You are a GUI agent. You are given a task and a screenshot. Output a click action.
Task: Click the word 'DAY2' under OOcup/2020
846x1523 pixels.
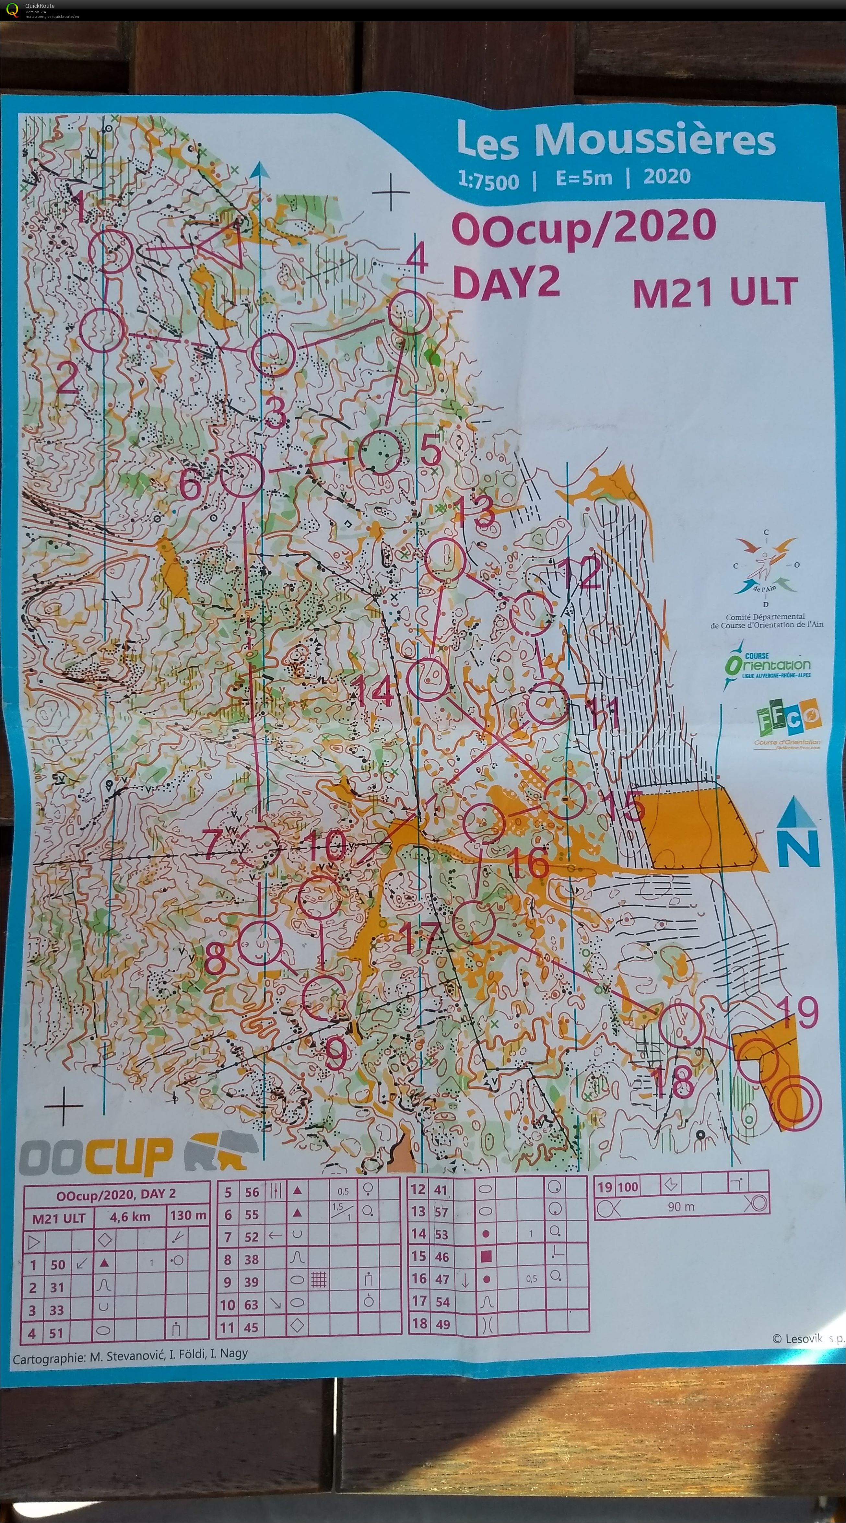click(505, 283)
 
